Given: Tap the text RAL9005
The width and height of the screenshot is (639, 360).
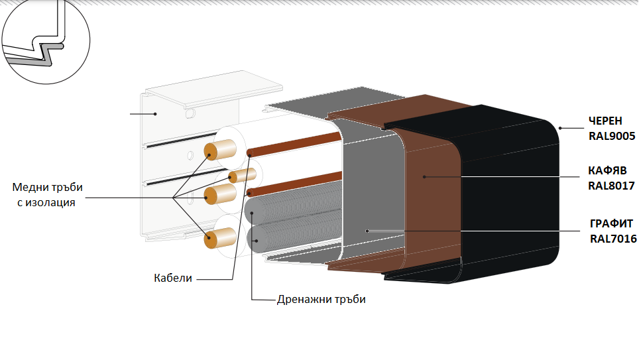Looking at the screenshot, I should pyautogui.click(x=611, y=137).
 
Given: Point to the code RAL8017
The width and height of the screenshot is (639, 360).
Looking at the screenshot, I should pyautogui.click(x=611, y=186).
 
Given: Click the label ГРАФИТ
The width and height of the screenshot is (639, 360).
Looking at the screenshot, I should pyautogui.click(x=610, y=223).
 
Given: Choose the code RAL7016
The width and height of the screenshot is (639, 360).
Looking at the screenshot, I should pyautogui.click(x=613, y=238).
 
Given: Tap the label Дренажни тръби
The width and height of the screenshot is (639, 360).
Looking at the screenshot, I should pyautogui.click(x=321, y=299).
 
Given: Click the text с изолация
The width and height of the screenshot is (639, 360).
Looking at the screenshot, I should pyautogui.click(x=46, y=202).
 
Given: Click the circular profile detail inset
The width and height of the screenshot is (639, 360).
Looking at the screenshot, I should pyautogui.click(x=44, y=43).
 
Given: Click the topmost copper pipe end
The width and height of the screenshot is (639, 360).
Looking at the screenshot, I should pyautogui.click(x=211, y=152).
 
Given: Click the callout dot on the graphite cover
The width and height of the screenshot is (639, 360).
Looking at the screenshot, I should pyautogui.click(x=367, y=231).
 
